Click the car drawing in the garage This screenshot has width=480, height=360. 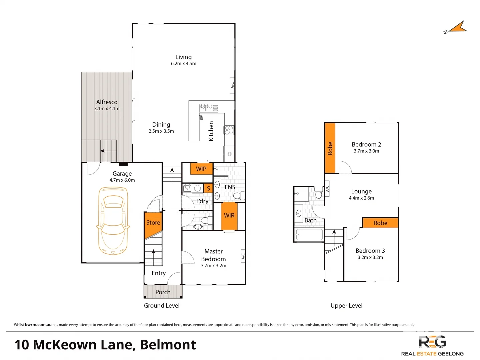[113, 221]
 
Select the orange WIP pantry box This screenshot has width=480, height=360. [201, 169]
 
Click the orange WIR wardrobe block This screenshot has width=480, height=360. [229, 216]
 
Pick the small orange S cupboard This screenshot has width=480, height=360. [208, 188]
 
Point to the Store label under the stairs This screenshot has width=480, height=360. [153, 223]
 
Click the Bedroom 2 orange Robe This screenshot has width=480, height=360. [330, 148]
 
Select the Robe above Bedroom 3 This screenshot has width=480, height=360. [380, 223]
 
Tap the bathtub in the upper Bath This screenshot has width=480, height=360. [309, 234]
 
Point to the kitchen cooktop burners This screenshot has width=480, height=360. [229, 130]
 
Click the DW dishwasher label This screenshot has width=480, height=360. [202, 118]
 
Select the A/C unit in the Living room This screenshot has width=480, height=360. [232, 85]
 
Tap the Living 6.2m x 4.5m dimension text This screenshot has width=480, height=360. [184, 64]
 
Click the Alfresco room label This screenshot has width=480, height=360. [107, 102]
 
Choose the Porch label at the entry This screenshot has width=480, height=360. [163, 292]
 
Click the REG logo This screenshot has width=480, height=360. [432, 342]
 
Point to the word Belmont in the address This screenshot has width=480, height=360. [168, 345]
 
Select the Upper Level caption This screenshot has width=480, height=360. [346, 306]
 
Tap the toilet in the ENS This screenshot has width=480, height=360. [239, 195]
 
